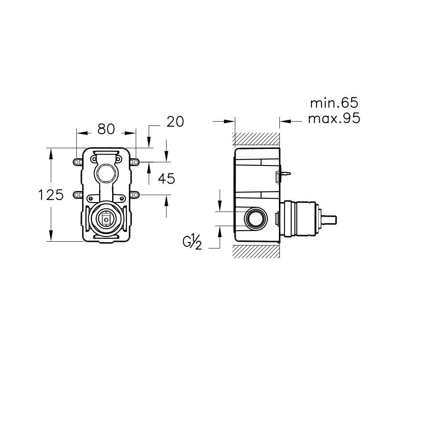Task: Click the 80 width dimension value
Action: pyautogui.click(x=106, y=129)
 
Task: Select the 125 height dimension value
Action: pyautogui.click(x=51, y=195)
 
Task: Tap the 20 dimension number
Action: pyautogui.click(x=175, y=122)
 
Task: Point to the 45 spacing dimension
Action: pyautogui.click(x=166, y=179)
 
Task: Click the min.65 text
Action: pyautogui.click(x=334, y=103)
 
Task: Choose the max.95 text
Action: pyautogui.click(x=334, y=118)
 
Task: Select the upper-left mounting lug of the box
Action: pyautogui.click(x=78, y=162)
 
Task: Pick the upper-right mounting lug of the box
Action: pyautogui.click(x=135, y=162)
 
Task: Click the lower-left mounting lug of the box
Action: pyautogui.click(x=78, y=194)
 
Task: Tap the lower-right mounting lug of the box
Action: pyautogui.click(x=135, y=194)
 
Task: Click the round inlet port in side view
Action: pyautogui.click(x=256, y=218)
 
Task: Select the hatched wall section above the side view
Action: pyautogui.click(x=257, y=140)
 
